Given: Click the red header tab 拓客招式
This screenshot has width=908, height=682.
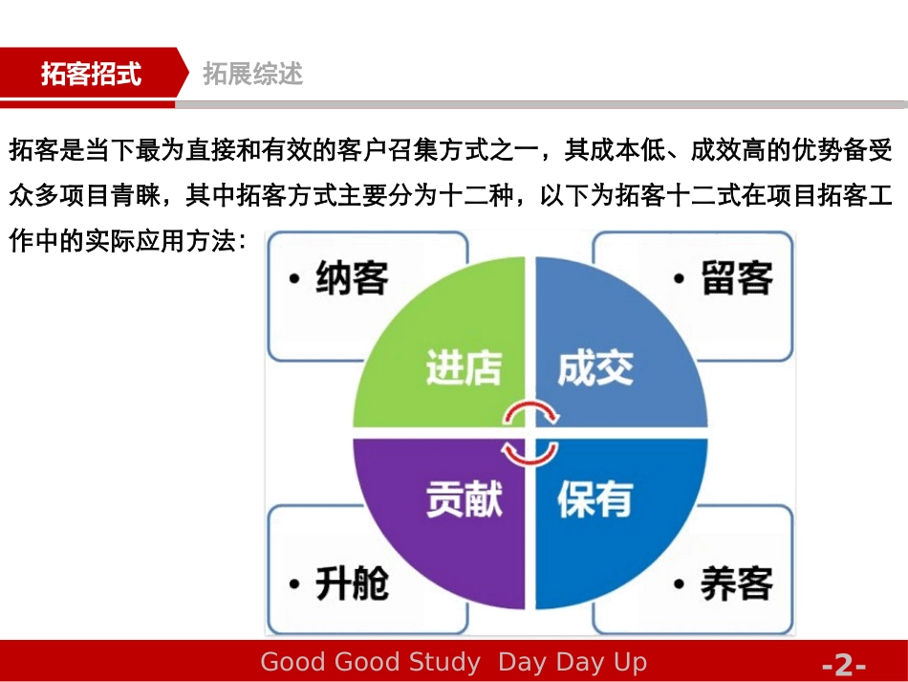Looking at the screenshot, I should coord(91,74).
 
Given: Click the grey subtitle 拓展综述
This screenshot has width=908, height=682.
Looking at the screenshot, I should coord(253,74).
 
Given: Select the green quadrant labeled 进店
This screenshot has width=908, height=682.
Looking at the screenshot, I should coord(449,354).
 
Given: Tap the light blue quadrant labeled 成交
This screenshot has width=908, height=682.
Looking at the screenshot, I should coord(612,354).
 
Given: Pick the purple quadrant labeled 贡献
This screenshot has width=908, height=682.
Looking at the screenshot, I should coord(449,517).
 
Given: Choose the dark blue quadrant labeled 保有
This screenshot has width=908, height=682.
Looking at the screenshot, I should coord(612,517).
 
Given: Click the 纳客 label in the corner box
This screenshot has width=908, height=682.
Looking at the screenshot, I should coord(352,278).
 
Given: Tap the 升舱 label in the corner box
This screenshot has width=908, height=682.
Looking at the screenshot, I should coord(352,583).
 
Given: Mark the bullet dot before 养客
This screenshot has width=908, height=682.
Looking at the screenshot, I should coord(680,583).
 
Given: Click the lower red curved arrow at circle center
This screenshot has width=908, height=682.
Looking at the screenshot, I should coord(530,451).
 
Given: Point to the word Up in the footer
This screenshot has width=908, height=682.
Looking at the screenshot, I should coord(630,662).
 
